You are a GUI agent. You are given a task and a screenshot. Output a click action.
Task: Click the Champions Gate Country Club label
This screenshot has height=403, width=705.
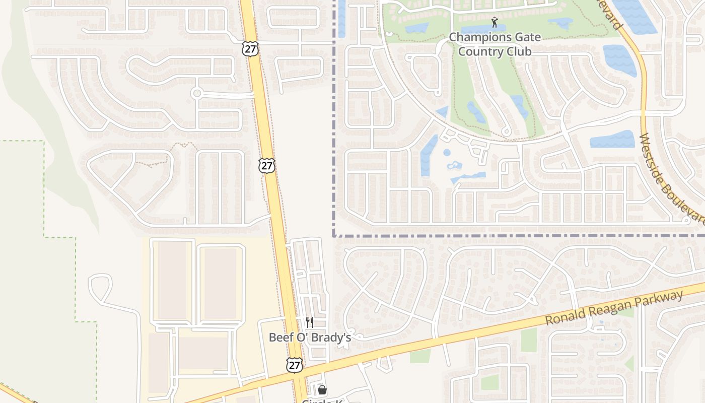[x=495, y=44]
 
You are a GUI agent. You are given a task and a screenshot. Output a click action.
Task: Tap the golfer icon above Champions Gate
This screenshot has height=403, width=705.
[x=495, y=23]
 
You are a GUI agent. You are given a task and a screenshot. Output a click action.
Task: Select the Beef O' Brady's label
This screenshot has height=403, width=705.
[x=310, y=337]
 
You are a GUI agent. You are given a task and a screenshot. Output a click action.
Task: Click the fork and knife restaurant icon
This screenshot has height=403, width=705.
[x=310, y=322]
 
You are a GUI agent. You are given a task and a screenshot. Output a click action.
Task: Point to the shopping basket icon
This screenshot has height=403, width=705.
[x=322, y=390]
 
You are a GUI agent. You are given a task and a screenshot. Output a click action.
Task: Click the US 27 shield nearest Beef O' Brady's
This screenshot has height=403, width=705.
[x=295, y=365]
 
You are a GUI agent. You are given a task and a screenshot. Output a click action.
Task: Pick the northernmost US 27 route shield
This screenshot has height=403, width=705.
[x=250, y=49]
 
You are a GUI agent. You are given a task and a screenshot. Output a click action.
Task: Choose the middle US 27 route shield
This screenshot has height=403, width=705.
[x=267, y=166]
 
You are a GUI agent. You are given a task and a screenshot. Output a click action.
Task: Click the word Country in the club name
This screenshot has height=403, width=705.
[x=478, y=51]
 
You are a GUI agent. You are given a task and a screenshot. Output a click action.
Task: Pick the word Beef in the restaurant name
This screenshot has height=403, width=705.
[x=280, y=337]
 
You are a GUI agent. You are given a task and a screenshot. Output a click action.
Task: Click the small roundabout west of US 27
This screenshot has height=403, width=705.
[x=197, y=93]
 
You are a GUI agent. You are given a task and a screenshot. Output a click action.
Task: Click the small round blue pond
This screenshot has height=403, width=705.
[x=447, y=153]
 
